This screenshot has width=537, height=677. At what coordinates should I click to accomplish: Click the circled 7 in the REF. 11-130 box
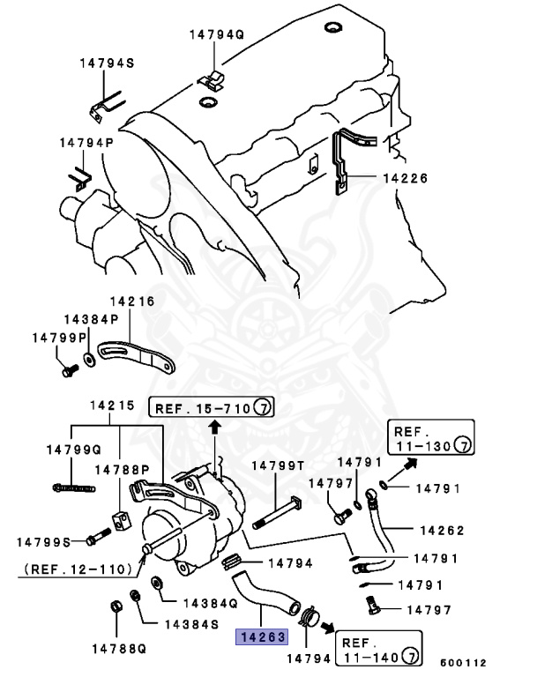pyautogui.click(x=464, y=446)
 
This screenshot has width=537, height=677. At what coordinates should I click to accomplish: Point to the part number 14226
pyautogui.click(x=405, y=178)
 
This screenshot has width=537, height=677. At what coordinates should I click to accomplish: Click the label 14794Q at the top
pyautogui.click(x=215, y=35)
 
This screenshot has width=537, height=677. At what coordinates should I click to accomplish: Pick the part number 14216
pyautogui.click(x=131, y=301)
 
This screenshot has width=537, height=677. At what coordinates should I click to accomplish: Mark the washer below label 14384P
pyautogui.click(x=91, y=361)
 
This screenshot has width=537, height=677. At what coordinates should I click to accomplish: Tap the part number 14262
pyautogui.click(x=441, y=531)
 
